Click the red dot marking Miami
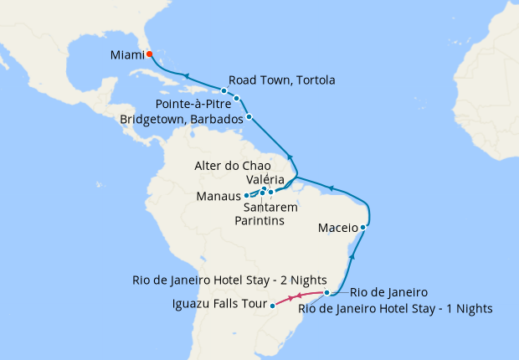[x=149, y=54]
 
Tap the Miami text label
[x=127, y=56]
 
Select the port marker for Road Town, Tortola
[x=224, y=90]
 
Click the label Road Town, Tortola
[x=281, y=80]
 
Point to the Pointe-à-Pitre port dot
[x=237, y=99]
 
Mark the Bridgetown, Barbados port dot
[x=249, y=116]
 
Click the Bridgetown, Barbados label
[x=182, y=119]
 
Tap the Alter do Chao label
[x=233, y=166]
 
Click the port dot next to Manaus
[x=246, y=195]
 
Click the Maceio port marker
[x=362, y=227]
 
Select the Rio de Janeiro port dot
[x=327, y=293]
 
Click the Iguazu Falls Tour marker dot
[x=273, y=306]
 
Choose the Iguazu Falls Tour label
[x=219, y=303]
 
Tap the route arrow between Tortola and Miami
[x=187, y=75]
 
